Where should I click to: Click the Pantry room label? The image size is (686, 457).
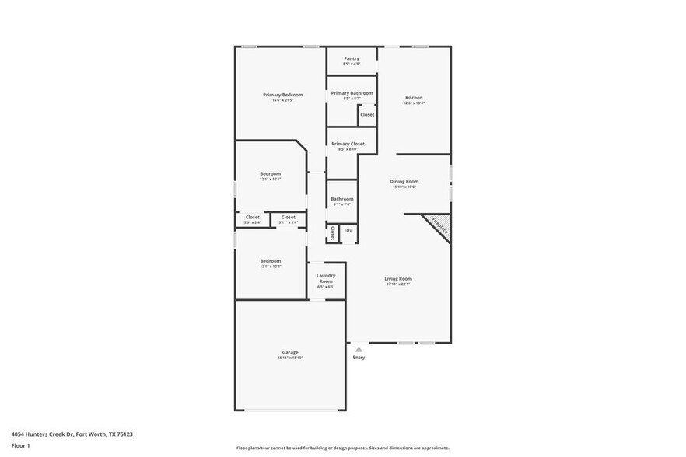[352, 58]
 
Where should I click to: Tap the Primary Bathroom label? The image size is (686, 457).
[352, 93]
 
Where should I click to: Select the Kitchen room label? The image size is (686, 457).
[414, 98]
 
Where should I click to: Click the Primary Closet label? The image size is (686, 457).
[348, 144]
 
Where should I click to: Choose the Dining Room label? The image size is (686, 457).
[404, 181]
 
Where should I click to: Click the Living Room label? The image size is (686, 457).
[398, 278]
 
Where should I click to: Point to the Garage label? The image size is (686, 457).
[290, 352]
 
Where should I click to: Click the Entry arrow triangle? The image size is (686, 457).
[359, 350]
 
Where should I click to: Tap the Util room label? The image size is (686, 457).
[348, 231]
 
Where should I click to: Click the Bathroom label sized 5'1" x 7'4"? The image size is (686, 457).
[342, 199]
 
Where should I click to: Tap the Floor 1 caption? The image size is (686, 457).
[20, 445]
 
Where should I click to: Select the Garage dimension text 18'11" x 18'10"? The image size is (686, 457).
[290, 358]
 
